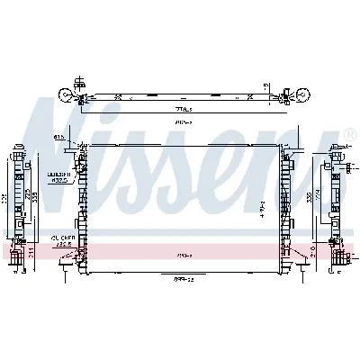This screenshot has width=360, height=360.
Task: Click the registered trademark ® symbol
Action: (x=348, y=133)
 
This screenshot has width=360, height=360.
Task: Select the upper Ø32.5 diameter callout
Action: (x=60, y=178)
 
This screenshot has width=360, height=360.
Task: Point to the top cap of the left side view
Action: (x=19, y=145)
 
